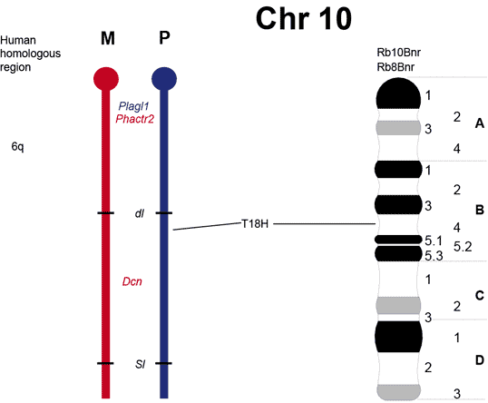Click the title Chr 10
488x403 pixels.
pos(304,19)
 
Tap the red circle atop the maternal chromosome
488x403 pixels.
pos(106,79)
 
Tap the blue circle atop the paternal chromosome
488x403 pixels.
pos(164,79)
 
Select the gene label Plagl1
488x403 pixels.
pos(133,106)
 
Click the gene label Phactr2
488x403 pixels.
pos(135,119)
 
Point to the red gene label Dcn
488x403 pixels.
pos(132,281)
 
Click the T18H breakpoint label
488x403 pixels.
pos(255,223)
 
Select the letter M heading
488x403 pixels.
pos(108,39)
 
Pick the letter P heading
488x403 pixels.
pos(165,38)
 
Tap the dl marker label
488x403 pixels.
pos(140,213)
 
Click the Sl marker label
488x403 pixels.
pos(140,364)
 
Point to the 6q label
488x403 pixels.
pos(17,146)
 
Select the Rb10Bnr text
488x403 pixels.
pos(399,53)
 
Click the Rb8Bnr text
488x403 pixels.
pos(395,67)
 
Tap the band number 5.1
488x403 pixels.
pos(434,241)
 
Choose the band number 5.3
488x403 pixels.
pos(434,256)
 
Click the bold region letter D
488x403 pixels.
pos(480,360)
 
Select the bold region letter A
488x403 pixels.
pos(480,123)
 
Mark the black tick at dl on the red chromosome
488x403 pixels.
pos(106,213)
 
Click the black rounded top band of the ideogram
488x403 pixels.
pos(398,93)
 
